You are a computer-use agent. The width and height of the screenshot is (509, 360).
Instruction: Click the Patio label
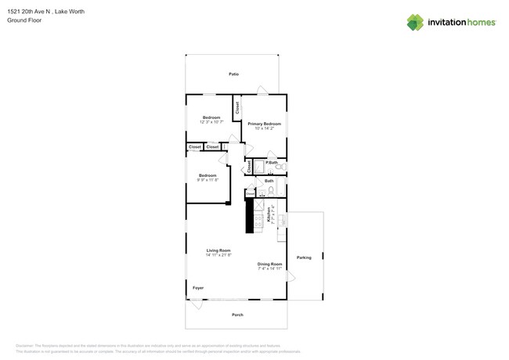point(233,74)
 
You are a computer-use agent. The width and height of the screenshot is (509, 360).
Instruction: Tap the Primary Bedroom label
point(264,124)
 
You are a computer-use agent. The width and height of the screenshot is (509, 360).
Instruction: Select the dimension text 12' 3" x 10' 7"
point(211,122)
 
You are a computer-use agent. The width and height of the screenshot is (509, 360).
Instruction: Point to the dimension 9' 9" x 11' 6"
point(208,180)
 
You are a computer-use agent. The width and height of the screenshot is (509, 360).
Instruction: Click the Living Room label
point(218,250)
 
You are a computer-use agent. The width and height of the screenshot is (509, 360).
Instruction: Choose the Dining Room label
point(269,264)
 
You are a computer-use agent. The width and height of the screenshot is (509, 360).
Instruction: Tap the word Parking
point(304,257)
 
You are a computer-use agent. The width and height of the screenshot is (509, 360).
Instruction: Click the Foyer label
point(198,288)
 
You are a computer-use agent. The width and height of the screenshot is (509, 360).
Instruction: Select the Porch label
point(237,315)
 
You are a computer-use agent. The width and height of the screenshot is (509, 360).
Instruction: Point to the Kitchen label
point(270,215)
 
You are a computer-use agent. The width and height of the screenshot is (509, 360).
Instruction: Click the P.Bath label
point(272,162)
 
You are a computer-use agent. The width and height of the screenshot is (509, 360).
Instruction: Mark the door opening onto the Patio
point(263,90)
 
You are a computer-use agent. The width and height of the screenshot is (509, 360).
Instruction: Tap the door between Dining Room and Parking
point(291,277)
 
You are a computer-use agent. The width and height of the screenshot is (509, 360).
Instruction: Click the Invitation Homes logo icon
point(415,22)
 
